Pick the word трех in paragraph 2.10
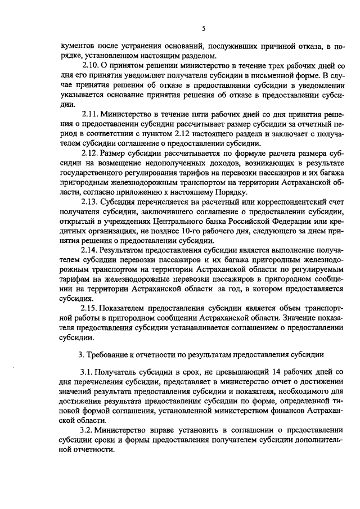pyautogui.click(x=267, y=66)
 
